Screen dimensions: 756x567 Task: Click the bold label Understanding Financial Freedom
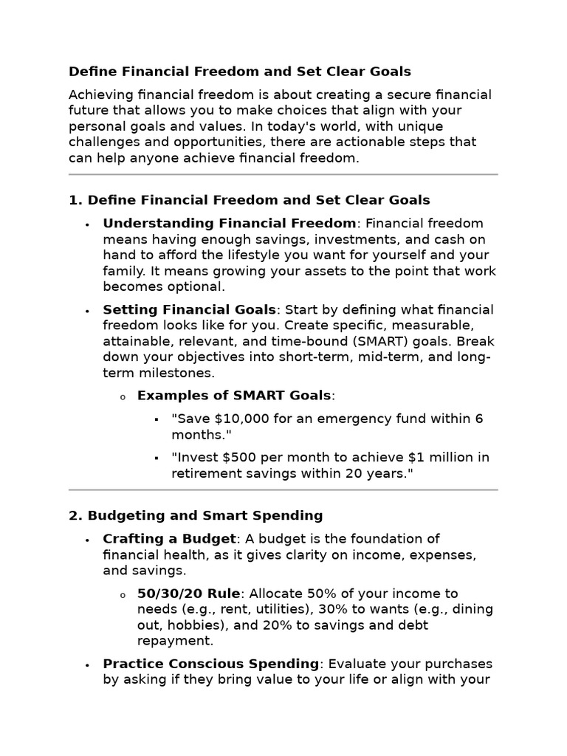click(230, 224)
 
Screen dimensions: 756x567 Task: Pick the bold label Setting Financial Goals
click(190, 310)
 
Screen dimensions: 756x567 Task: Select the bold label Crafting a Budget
click(170, 539)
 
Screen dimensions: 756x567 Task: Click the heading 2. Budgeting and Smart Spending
click(196, 515)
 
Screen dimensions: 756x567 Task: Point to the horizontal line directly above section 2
click(283, 489)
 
